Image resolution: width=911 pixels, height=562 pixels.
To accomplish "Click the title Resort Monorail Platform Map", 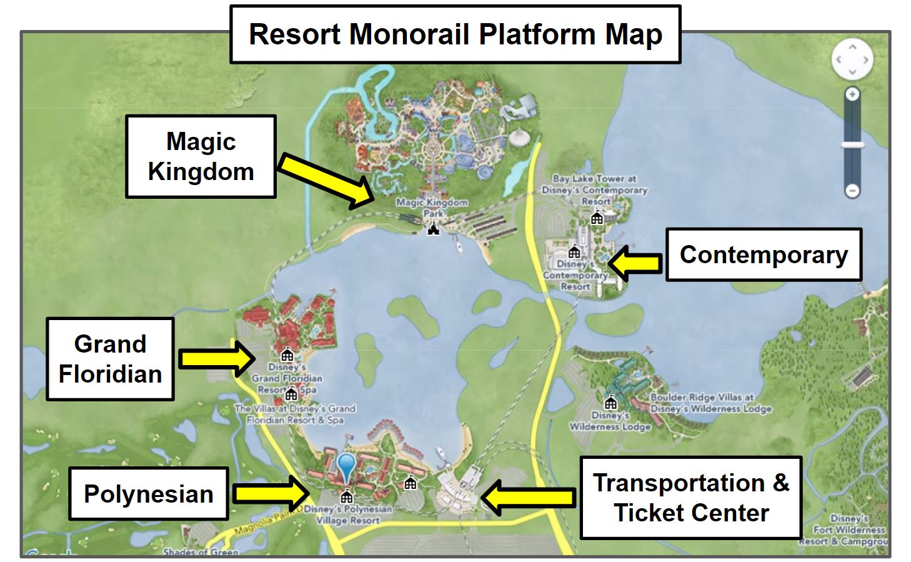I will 455,34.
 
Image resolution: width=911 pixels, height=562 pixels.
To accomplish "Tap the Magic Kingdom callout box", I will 201,156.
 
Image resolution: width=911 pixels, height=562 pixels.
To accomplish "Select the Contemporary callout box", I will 763,254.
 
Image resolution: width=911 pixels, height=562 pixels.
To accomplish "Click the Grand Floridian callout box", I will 110,359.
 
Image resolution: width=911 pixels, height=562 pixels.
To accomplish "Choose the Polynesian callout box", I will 149,494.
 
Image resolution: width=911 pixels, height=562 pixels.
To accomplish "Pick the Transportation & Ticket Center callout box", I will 690,498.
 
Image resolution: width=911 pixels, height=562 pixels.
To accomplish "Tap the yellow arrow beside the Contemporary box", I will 634,263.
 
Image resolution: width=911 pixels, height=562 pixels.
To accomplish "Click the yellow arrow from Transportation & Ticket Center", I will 528,498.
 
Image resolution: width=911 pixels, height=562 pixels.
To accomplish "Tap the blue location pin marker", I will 346,468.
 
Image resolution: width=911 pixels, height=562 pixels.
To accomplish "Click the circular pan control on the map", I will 852,59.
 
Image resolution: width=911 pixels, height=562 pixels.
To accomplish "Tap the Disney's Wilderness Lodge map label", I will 610,421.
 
